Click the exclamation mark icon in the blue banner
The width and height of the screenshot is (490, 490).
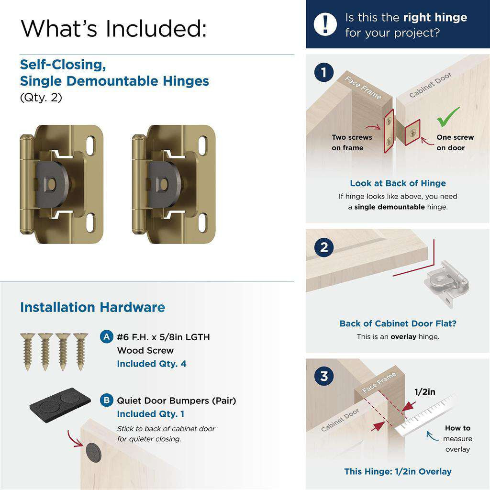point(326,24)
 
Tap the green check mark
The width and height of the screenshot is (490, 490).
point(448,116)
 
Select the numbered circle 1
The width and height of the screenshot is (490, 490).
point(324,73)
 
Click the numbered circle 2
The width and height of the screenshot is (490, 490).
point(324,248)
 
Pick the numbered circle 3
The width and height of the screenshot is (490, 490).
point(324,376)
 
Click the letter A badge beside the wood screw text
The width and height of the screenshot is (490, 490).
point(107,337)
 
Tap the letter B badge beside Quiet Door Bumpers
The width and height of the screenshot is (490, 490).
point(107,401)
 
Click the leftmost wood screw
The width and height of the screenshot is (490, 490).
point(27,351)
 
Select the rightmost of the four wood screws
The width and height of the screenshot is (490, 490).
point(80,351)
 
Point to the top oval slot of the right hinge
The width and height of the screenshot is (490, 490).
point(202,145)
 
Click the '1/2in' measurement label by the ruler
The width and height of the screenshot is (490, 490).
point(424,392)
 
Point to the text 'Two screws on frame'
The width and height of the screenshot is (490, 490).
point(352,143)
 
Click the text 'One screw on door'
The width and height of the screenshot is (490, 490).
point(455,143)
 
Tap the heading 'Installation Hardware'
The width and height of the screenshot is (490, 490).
point(92,307)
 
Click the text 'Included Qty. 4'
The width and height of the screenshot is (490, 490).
point(152,364)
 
